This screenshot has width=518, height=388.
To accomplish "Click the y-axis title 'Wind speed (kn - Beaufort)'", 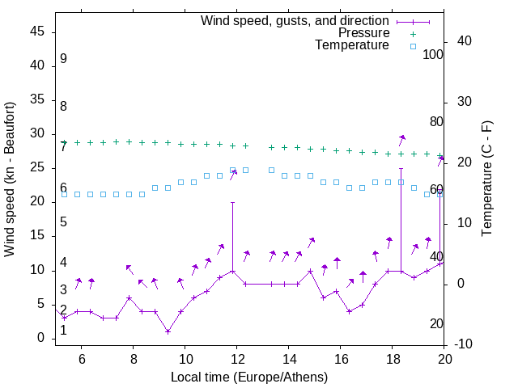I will [10, 179].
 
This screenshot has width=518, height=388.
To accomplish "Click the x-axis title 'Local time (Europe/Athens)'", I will [249, 377].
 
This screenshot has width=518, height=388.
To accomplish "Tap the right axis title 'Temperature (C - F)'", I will [486, 179].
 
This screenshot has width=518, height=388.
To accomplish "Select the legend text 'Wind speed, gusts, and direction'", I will [295, 20].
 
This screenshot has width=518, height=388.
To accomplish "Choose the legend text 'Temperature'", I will [352, 45].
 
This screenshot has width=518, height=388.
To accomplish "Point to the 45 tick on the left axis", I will [37, 32].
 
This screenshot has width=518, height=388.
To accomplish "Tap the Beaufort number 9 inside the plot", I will [63, 59].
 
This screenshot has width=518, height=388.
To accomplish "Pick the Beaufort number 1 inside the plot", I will [63, 330].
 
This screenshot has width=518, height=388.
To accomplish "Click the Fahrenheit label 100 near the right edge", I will [433, 55].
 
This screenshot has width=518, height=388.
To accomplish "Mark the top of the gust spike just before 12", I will [233, 202].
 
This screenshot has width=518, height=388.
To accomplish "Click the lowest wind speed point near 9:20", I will [168, 331].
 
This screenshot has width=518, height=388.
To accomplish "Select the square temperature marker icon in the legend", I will [412, 46].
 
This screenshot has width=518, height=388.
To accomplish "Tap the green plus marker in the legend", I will [412, 33].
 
